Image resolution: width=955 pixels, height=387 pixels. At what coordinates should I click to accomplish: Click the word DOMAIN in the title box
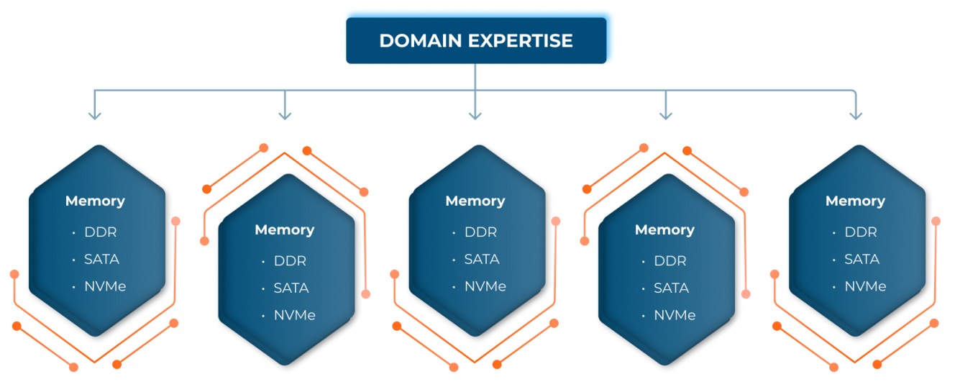tap(421, 41)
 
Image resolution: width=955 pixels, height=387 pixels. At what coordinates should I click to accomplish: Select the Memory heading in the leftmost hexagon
tap(95, 201)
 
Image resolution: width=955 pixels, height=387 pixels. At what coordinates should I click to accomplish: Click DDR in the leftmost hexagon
tap(100, 232)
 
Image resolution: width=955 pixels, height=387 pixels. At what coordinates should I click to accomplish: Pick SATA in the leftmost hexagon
tap(101, 259)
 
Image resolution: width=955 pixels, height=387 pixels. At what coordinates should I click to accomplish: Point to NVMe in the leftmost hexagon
tap(105, 286)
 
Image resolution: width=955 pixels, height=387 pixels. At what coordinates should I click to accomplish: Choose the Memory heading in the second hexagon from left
tap(285, 230)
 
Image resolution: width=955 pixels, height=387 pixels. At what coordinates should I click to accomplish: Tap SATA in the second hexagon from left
tap(291, 288)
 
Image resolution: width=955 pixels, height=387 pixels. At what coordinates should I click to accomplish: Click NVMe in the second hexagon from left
tap(295, 315)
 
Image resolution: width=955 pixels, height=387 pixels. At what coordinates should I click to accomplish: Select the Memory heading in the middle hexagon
tap(475, 201)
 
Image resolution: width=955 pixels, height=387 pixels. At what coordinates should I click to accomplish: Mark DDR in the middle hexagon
tap(480, 232)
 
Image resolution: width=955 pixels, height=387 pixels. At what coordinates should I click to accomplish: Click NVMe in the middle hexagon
tap(485, 286)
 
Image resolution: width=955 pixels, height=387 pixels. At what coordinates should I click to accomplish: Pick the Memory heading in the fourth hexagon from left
tap(664, 230)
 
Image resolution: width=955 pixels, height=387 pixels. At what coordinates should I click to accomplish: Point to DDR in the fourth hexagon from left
tap(670, 261)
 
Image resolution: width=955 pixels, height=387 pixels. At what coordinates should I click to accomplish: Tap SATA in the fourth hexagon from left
tap(672, 288)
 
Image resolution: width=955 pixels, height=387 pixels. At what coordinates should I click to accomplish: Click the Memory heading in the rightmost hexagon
tap(855, 201)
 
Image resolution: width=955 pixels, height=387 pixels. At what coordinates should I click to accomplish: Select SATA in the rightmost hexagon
tap(862, 259)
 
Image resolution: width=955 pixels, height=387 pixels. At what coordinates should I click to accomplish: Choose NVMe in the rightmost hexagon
tap(865, 286)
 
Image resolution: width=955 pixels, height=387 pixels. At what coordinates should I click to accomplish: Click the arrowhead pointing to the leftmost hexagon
tap(95, 114)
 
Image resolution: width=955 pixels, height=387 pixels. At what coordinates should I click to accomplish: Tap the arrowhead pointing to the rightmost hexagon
tap(855, 114)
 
